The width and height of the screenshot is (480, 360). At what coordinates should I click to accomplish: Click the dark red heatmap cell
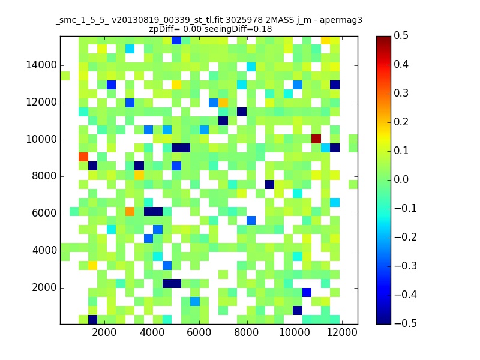pyautogui.click(x=316, y=139)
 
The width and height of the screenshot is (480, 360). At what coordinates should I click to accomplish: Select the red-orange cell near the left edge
pyautogui.click(x=83, y=157)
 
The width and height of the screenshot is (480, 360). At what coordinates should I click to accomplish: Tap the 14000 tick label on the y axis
pyautogui.click(x=41, y=65)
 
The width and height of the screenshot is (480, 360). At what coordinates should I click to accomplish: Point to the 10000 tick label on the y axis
pyautogui.click(x=41, y=140)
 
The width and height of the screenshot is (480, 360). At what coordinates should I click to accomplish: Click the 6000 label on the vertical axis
pyautogui.click(x=44, y=214)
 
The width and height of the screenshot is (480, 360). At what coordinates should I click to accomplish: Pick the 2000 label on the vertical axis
pyautogui.click(x=44, y=288)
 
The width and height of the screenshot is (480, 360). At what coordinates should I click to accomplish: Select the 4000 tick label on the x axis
pyautogui.click(x=152, y=332)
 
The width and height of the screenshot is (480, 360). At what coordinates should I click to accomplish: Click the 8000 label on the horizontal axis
pyautogui.click(x=247, y=332)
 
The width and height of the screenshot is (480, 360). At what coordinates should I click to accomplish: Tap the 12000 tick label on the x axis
pyautogui.click(x=342, y=332)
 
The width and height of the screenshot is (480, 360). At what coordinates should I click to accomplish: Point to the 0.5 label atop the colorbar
pyautogui.click(x=401, y=36)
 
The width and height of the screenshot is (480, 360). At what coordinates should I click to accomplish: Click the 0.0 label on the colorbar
pyautogui.click(x=401, y=179)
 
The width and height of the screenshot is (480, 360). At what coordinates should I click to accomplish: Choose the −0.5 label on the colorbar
pyautogui.click(x=406, y=323)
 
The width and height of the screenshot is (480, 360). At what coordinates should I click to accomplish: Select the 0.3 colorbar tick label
pyautogui.click(x=401, y=94)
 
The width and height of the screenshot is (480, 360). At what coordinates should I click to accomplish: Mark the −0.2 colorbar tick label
pyautogui.click(x=406, y=237)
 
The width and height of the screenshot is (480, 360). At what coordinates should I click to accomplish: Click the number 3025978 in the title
pyautogui.click(x=244, y=20)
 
